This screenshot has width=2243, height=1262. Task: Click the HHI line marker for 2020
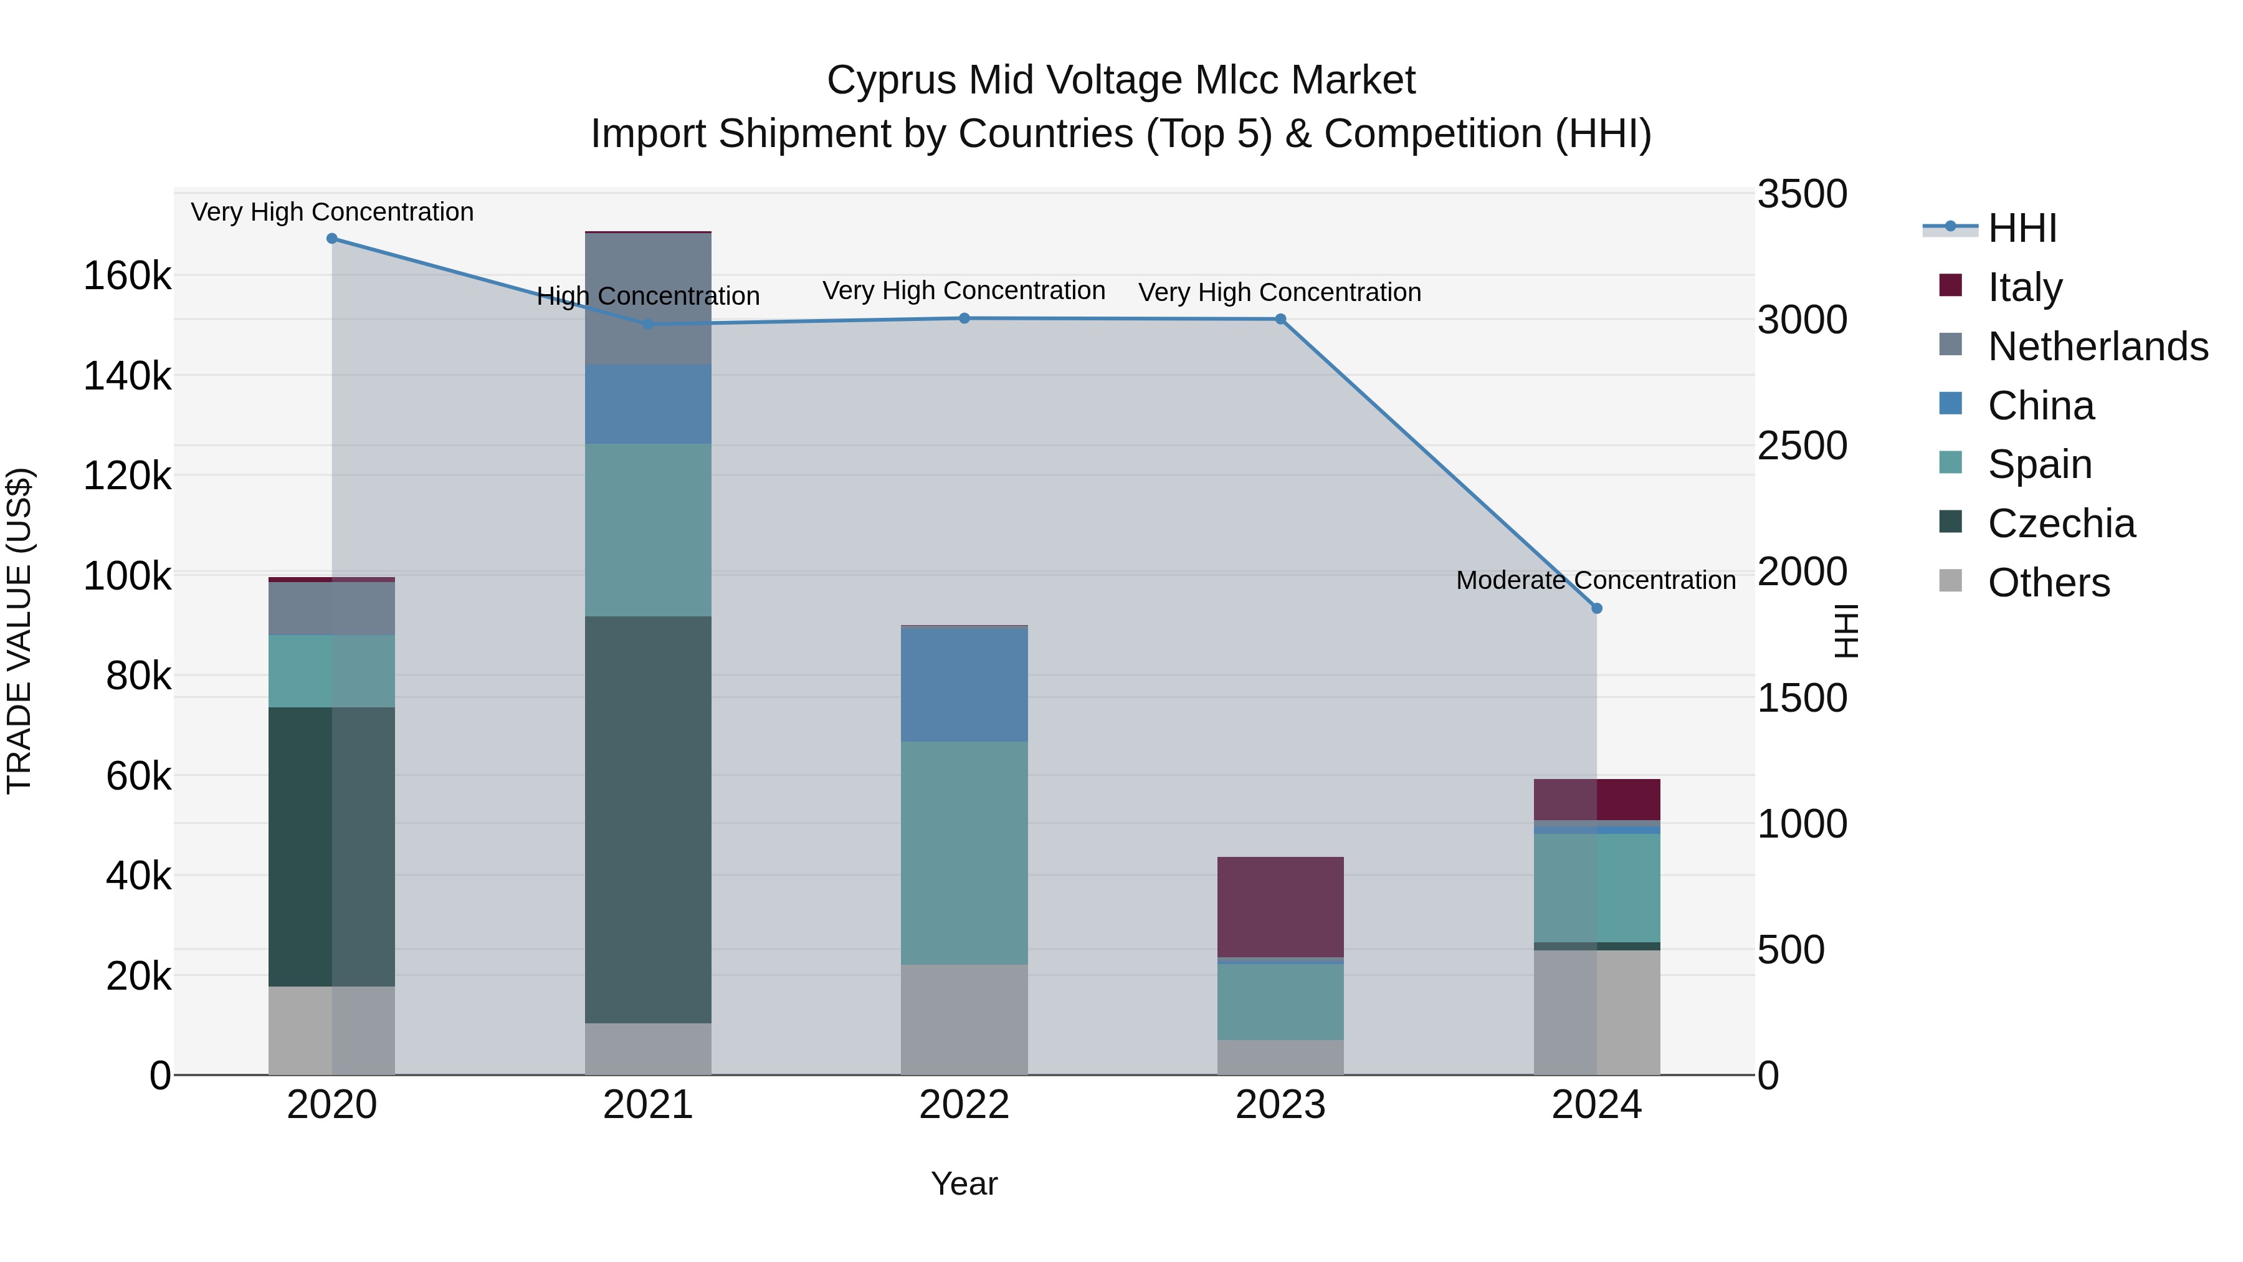click(x=331, y=239)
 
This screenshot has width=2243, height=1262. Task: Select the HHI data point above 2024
click(x=1597, y=609)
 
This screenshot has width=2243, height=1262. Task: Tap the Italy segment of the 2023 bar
click(x=1280, y=907)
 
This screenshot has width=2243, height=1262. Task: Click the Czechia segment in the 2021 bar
click(x=648, y=819)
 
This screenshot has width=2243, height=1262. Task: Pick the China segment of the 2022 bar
click(x=964, y=684)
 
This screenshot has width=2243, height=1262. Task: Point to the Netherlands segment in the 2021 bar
click(x=648, y=299)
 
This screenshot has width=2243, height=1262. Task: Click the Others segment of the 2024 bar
click(x=1597, y=1012)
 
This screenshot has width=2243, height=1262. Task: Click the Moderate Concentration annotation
click(x=1595, y=580)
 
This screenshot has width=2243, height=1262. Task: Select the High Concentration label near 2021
click(x=648, y=296)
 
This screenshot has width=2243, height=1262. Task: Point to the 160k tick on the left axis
click(x=127, y=277)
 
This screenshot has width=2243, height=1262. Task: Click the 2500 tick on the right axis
click(x=1801, y=446)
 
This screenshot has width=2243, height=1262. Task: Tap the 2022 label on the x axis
click(x=964, y=1105)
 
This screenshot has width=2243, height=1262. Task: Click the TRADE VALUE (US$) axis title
click(x=19, y=631)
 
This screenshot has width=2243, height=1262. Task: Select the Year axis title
click(x=964, y=1183)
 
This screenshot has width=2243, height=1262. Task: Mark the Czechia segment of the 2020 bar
click(x=331, y=846)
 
